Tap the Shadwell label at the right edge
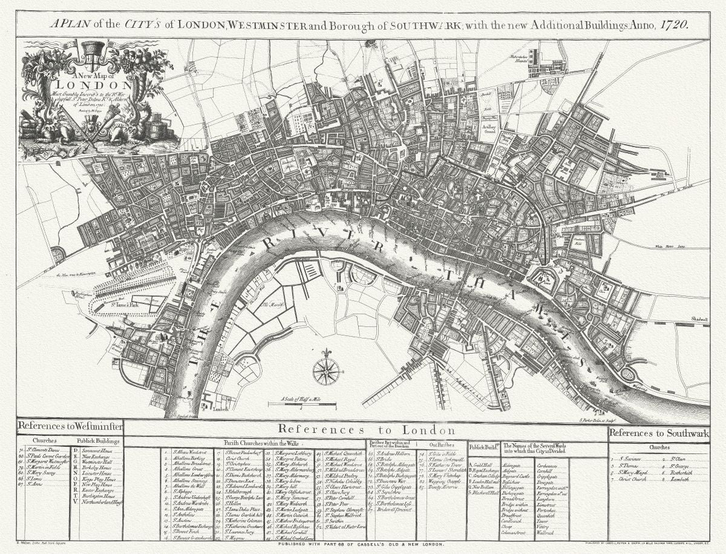pyautogui.click(x=699, y=319)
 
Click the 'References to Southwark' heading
pyautogui.click(x=658, y=433)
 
